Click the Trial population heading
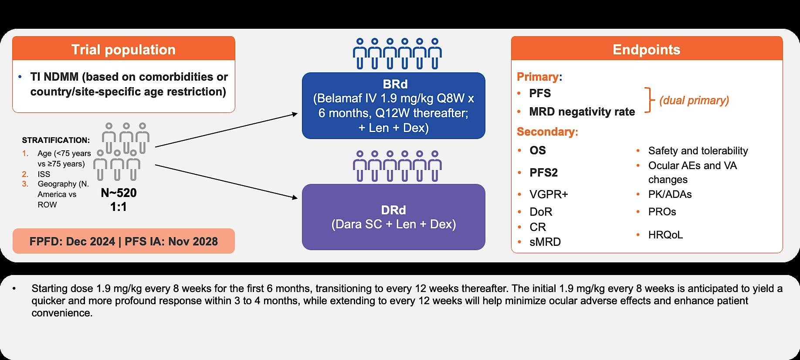123,50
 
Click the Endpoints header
646,50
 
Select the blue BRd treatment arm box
393,106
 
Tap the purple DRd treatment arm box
393,217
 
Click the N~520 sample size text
119,193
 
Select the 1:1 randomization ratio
118,207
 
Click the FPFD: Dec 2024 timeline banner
123,241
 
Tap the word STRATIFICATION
56,140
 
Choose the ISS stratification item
44,174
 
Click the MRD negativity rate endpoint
582,112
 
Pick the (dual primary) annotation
694,100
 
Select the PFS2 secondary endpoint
543,173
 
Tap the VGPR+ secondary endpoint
549,194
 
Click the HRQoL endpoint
665,235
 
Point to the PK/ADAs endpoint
670,194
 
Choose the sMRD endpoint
545,242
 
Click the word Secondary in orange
546,132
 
